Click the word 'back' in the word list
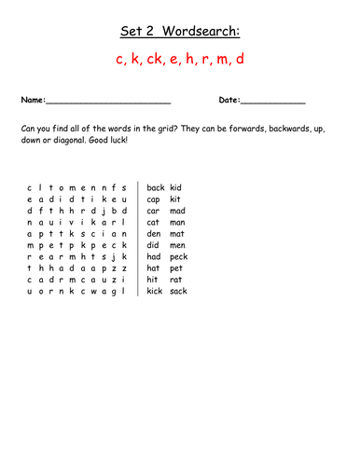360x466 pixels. (x=156, y=187)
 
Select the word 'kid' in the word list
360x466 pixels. (x=176, y=187)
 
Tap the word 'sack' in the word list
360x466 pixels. (x=179, y=292)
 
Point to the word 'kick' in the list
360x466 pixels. (x=155, y=292)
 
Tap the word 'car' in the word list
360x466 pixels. (x=154, y=211)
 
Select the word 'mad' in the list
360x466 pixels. (x=177, y=211)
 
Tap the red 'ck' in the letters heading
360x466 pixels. (x=159, y=61)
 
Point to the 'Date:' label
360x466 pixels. (x=229, y=100)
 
